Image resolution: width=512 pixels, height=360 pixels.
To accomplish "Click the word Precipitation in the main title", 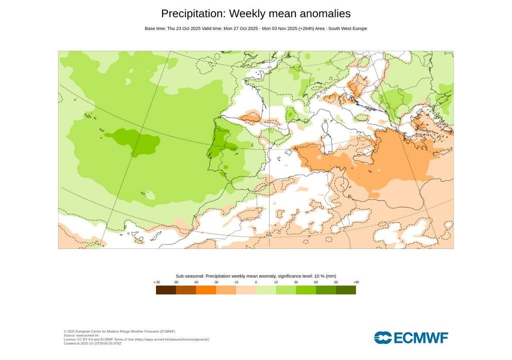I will point(189,13).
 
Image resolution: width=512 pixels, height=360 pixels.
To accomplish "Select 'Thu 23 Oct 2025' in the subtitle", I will point(183,28).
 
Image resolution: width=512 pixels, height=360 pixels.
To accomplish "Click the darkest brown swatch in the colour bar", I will point(165,290).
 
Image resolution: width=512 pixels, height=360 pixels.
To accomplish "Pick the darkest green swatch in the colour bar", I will point(346,290).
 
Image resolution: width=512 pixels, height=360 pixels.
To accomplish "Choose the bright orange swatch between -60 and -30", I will point(206,290).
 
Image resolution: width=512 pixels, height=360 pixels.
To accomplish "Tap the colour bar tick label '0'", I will point(256,282).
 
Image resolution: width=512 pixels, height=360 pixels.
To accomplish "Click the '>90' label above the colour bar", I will point(355,282).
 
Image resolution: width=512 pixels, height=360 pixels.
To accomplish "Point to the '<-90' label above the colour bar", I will point(156,282).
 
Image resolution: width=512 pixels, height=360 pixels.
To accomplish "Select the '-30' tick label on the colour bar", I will point(216,282).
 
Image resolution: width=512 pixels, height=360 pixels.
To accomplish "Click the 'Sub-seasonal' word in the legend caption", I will point(189,276).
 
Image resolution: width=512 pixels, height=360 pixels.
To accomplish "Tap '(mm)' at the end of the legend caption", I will point(330,276).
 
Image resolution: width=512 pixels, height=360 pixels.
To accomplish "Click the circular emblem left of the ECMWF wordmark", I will point(382,338).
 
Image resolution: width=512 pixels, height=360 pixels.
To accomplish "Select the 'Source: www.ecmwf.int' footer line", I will point(81,335).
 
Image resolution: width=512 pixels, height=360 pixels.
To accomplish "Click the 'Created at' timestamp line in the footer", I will point(92,343).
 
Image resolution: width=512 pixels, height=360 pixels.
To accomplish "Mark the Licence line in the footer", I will point(136,339).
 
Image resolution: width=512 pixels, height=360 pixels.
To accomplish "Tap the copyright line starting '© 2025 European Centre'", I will point(119,331).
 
